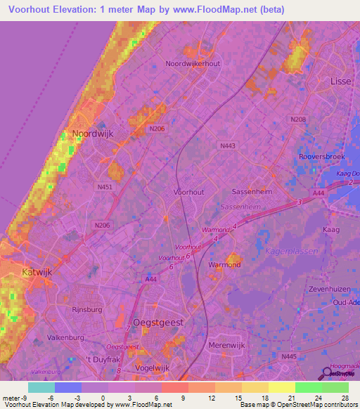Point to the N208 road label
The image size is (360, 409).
[x=298, y=121]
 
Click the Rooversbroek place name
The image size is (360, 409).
[x=320, y=156]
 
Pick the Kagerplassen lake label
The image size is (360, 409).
[x=292, y=250]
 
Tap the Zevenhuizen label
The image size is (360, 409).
[x=329, y=289]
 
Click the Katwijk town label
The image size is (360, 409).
[x=37, y=271]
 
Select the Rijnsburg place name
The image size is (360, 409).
[x=87, y=309]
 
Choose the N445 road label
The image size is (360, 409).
[x=288, y=357]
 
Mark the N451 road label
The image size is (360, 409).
[x=105, y=187]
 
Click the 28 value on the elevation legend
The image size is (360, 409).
[x=345, y=398]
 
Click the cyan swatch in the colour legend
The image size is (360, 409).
[x=41, y=387]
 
